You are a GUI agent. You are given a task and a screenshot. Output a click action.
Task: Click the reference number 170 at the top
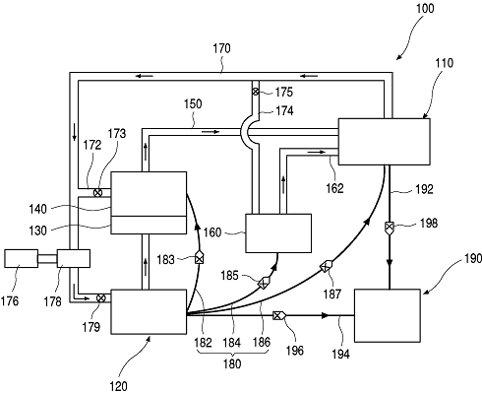(x=221, y=48)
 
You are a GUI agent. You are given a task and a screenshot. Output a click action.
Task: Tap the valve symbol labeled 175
(x=256, y=92)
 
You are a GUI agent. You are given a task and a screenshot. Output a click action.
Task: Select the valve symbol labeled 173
(x=97, y=193)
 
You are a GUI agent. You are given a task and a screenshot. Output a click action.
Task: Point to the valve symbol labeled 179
(x=101, y=298)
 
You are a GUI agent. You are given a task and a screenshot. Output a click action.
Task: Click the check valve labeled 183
(x=199, y=258)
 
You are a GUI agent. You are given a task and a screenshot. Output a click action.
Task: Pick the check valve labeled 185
(x=264, y=283)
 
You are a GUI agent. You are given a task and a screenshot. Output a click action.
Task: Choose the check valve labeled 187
(x=327, y=266)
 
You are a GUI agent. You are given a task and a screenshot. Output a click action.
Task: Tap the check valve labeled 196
(x=279, y=316)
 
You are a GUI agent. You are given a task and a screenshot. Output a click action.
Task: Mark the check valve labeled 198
(x=389, y=228)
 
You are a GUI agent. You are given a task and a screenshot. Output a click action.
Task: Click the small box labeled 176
(x=21, y=258)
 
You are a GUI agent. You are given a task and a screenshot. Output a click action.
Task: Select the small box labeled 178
(x=74, y=258)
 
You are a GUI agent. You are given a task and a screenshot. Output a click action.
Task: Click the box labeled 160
(x=278, y=233)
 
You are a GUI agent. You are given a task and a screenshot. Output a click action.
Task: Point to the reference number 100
(x=425, y=9)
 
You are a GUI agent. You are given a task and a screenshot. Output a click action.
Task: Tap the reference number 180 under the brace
(x=232, y=363)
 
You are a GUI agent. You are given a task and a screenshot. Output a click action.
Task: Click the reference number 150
(x=193, y=104)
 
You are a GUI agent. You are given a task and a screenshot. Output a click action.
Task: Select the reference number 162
(x=334, y=188)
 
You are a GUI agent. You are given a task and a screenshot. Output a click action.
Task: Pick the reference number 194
(x=340, y=355)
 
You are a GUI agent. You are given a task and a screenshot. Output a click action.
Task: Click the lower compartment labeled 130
(x=149, y=225)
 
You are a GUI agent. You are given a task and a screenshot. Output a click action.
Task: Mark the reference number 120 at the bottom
(x=118, y=386)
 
